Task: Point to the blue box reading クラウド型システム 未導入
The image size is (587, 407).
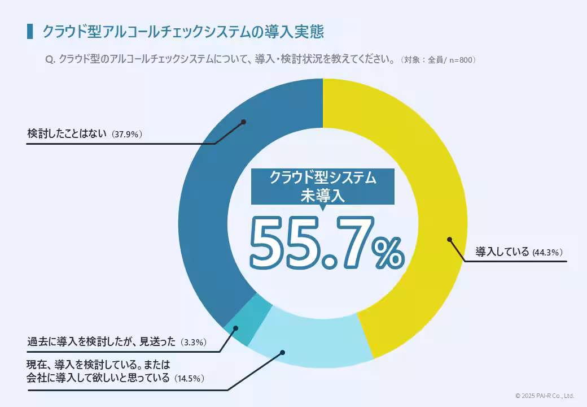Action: coord(322,186)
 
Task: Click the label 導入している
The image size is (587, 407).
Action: coord(502,252)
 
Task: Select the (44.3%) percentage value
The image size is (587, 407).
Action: coord(548,253)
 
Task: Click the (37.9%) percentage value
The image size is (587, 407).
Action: coord(126,135)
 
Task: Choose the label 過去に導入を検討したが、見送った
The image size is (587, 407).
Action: coord(102,342)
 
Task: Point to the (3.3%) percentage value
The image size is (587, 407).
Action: coord(194,343)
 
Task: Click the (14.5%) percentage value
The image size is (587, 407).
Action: coord(189,378)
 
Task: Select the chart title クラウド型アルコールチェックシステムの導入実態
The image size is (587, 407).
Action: coord(183,32)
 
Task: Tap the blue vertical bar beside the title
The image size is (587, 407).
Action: coord(29,32)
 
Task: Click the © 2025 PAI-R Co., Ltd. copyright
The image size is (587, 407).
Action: coord(544,396)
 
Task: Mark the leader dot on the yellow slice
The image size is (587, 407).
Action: coord(449,239)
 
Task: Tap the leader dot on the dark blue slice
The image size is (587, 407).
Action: coord(243,122)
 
